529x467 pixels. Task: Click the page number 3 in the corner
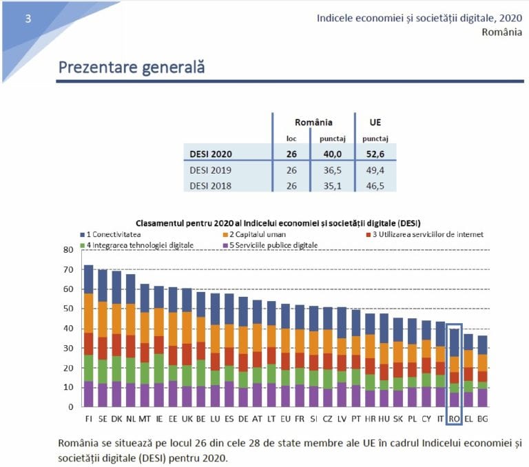pyautogui.click(x=28, y=19)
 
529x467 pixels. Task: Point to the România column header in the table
pyautogui.click(x=313, y=122)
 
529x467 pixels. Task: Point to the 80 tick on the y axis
pyautogui.click(x=68, y=249)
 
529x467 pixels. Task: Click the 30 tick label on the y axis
pyautogui.click(x=68, y=348)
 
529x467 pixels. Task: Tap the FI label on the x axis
pyautogui.click(x=88, y=417)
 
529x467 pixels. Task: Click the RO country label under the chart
pyautogui.click(x=454, y=417)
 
